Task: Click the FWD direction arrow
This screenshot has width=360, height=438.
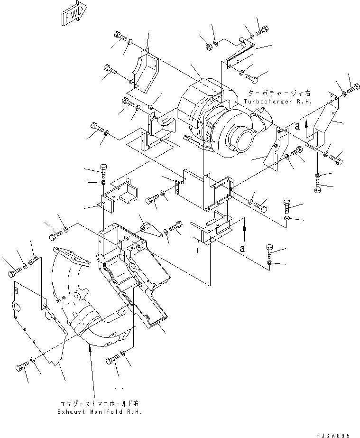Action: tap(73, 13)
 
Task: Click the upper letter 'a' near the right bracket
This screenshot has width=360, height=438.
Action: tap(297, 126)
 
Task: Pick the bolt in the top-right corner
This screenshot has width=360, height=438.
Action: tap(353, 88)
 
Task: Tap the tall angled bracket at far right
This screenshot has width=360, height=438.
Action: tap(324, 121)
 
